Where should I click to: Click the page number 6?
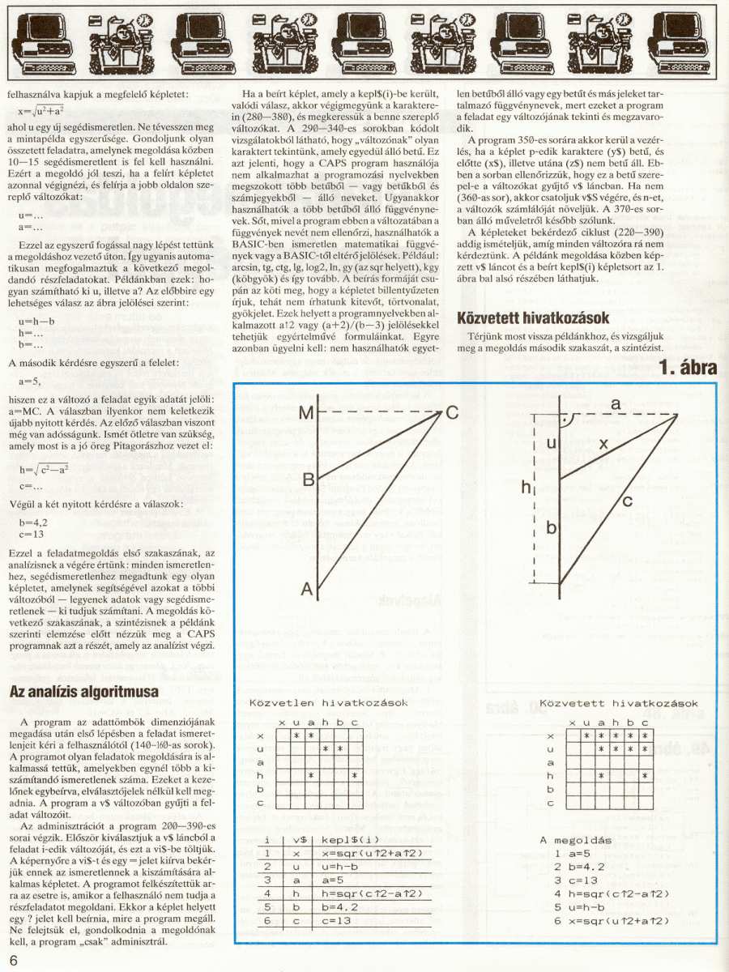(x=15, y=960)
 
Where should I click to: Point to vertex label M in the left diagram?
(x=305, y=414)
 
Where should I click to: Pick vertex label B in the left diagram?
(x=308, y=480)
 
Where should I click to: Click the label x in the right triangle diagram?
(x=602, y=444)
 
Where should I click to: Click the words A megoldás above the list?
(x=575, y=839)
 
